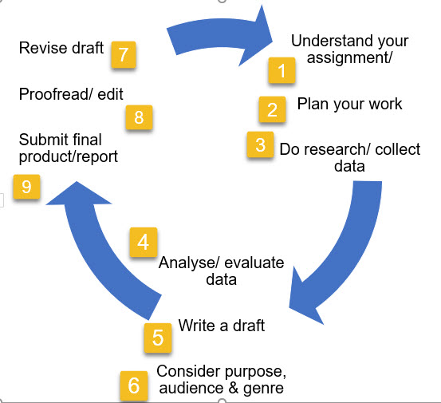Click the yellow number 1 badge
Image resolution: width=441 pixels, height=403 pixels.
click(x=281, y=69)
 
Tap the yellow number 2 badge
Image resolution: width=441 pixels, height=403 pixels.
click(x=272, y=109)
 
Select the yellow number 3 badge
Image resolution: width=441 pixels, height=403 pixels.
click(x=261, y=145)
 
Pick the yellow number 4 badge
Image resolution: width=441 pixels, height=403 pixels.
click(x=144, y=243)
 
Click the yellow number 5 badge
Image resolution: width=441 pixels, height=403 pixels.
click(x=158, y=338)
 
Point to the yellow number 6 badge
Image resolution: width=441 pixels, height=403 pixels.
click(x=133, y=385)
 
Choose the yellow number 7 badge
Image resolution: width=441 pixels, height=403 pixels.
click(x=122, y=53)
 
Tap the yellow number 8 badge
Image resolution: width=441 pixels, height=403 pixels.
click(x=139, y=117)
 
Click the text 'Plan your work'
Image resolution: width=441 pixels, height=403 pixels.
click(x=349, y=104)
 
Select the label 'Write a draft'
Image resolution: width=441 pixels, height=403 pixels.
click(x=221, y=326)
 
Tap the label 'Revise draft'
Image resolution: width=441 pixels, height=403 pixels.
click(x=61, y=48)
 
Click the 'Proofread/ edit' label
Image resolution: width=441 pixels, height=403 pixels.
click(x=71, y=93)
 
